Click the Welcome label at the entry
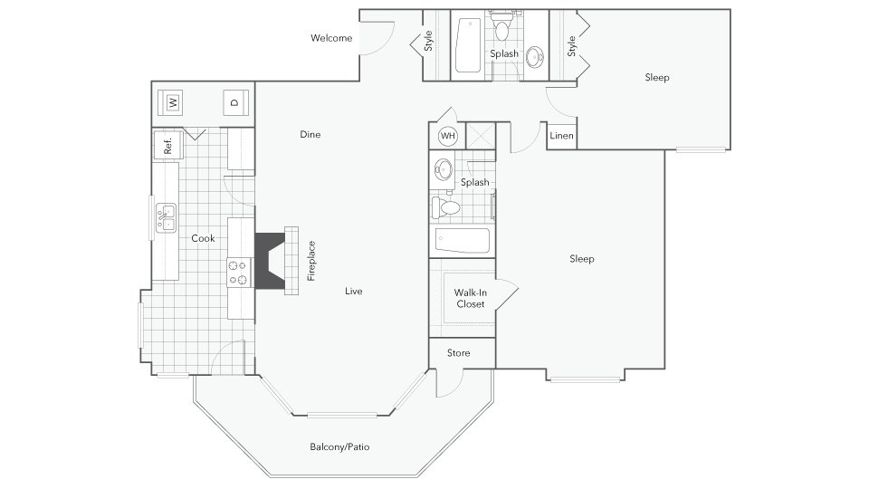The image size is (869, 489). (331, 38)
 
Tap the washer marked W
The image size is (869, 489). (173, 102)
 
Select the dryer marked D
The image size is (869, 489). (235, 102)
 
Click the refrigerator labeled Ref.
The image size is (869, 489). (167, 145)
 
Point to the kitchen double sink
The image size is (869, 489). (166, 218)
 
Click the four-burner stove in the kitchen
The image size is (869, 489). (239, 273)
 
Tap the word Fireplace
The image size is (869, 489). (311, 261)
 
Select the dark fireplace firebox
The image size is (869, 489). (270, 261)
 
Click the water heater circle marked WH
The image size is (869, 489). (448, 136)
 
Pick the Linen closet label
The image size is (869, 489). (561, 136)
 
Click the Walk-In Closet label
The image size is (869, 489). (471, 298)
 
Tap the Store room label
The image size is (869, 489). (458, 353)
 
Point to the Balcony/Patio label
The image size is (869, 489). (339, 446)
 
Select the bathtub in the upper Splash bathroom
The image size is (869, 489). (468, 45)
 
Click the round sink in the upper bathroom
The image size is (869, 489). (535, 56)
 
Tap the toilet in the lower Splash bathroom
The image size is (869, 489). (446, 208)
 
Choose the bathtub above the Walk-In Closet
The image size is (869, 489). (463, 241)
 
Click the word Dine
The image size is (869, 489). (310, 135)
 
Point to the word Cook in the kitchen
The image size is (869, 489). (203, 238)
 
